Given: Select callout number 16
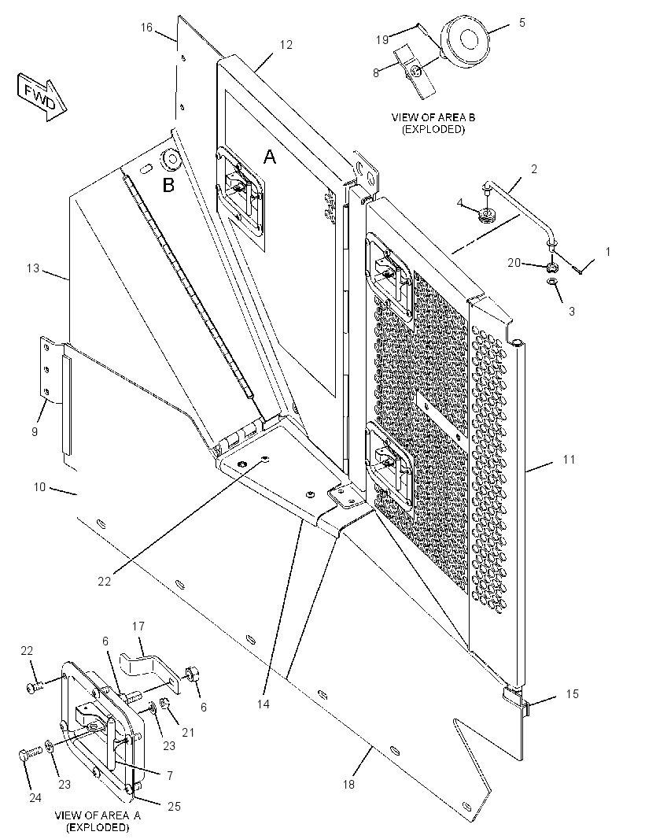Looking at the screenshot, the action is coord(146,28).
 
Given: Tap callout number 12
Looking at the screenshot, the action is coord(286,44).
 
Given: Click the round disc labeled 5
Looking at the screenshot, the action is coord(464,41).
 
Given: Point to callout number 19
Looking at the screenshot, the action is coord(381,39).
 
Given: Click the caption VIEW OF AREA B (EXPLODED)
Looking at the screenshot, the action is coord(433,123).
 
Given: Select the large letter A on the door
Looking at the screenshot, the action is coord(270,157).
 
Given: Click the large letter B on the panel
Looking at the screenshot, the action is coord(168,185).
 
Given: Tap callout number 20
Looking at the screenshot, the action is coord(514,262).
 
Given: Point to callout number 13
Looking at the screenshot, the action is coord(33,268).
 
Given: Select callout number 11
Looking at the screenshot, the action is coord(569,459).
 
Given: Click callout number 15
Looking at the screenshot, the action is coord(573,693).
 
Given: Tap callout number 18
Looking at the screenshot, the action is coord(348,785).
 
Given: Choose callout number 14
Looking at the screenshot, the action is coord(264,704).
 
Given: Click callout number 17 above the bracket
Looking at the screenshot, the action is coord(138,626).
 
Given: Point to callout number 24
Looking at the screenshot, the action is coord(35,798).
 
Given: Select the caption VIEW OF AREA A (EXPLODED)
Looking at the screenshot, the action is coord(98,822).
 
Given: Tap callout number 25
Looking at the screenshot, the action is coord(175,806).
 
